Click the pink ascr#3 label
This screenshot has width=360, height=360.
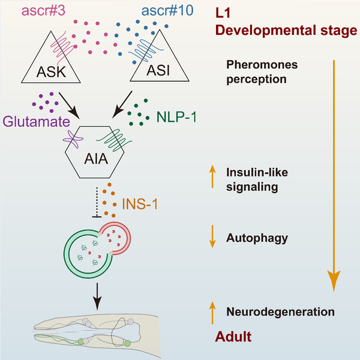tap(43, 11)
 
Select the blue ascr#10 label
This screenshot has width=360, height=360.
tap(167, 11)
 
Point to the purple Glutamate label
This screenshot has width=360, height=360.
tap(36, 121)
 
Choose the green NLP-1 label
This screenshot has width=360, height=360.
tap(176, 117)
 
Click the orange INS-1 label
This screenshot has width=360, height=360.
tap(140, 203)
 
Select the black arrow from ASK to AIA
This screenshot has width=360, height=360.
tap(69, 106)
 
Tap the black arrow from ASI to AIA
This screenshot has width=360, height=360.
tap(122, 104)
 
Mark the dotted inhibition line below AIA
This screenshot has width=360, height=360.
tap(97, 203)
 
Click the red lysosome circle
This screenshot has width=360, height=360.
tap(126, 239)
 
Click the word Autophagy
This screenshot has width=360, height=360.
tap(257, 238)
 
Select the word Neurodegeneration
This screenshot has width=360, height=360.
tap(280, 312)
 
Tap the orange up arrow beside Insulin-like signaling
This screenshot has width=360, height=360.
tap(212, 176)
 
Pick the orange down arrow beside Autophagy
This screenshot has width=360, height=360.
tap(212, 236)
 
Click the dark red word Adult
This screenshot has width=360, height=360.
tap(233, 337)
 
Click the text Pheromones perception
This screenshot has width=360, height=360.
tap(262, 72)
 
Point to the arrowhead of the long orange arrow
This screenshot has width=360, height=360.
tap(334, 290)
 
